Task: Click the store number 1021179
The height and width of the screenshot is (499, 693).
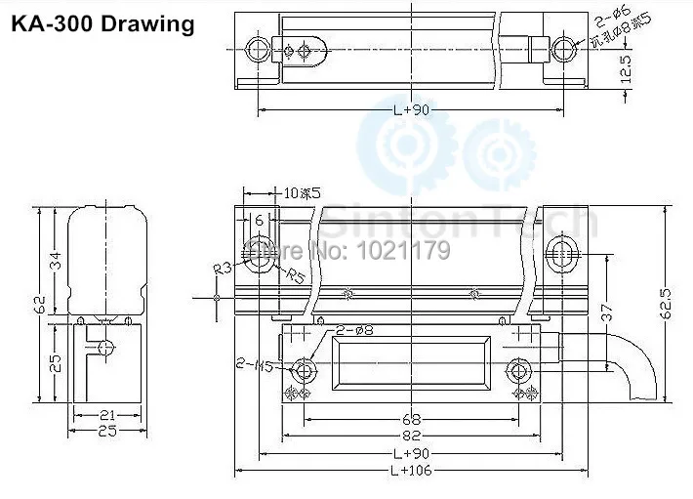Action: click(410, 251)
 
